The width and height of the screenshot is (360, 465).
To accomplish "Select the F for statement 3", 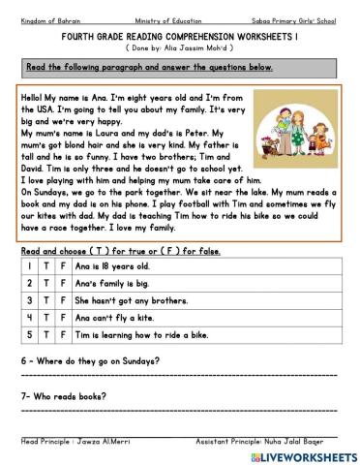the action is (63, 302).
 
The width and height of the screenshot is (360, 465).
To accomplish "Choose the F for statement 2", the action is (63, 284).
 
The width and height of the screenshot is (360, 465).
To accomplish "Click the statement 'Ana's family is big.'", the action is (107, 284).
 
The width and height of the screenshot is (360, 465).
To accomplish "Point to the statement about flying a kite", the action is (114, 321).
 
